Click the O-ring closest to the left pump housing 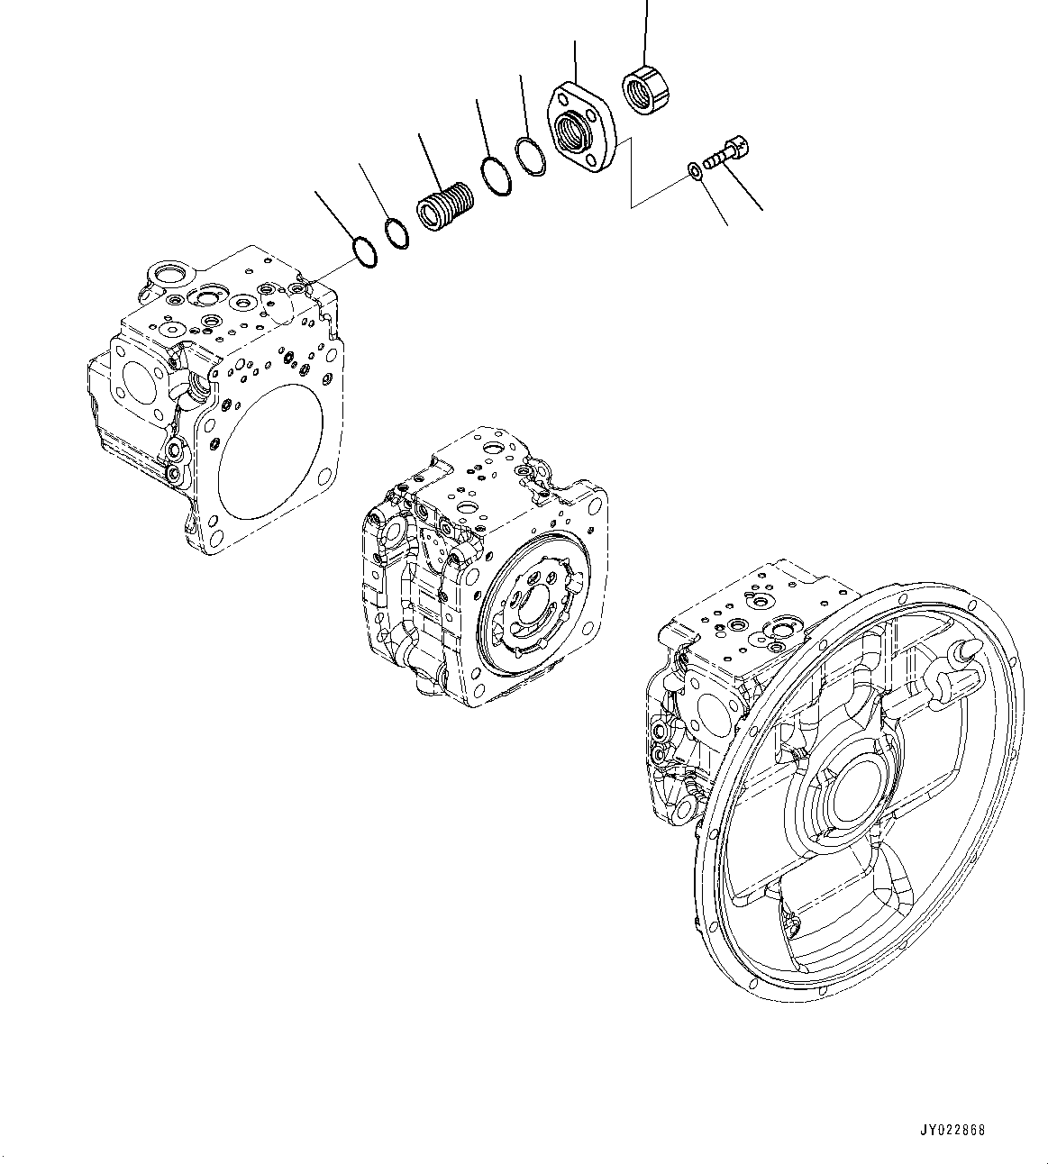(362, 251)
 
